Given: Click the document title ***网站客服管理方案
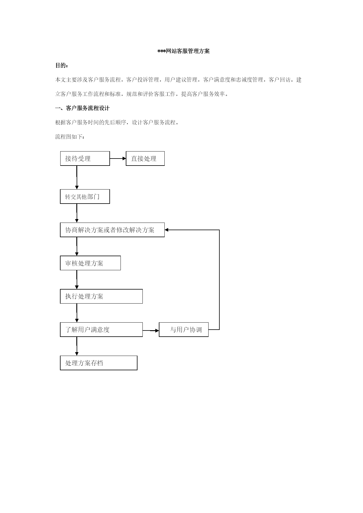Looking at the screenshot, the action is pos(184,51).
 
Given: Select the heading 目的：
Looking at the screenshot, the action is pos(62,66).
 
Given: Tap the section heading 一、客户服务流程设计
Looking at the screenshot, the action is pos(82,108).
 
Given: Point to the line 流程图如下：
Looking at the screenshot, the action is pos(70,137).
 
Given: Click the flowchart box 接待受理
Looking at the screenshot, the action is pos(85,159).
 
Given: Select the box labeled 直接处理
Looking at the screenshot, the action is pos(145,159).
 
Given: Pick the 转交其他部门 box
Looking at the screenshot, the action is pos(85,197).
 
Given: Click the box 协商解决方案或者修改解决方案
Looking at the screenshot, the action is pos(112,230).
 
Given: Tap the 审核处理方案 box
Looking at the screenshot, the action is pos(90,263).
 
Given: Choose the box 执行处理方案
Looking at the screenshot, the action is pos(101,296).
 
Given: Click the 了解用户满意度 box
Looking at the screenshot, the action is pos(101,330).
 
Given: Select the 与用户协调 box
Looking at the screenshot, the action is pos(184,330).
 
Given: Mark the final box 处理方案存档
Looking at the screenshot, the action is pos(99,363).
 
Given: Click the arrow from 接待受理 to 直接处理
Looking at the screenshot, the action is pos(118,159).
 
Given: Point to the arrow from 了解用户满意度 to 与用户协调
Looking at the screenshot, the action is pos(151,330).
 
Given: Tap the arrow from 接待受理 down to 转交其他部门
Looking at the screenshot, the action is pos(77,178).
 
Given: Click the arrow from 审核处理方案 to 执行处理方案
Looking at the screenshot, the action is pos(77,280).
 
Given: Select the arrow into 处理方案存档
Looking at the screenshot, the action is pos(77,346).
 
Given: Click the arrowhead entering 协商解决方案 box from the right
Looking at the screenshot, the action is pos(166,230).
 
